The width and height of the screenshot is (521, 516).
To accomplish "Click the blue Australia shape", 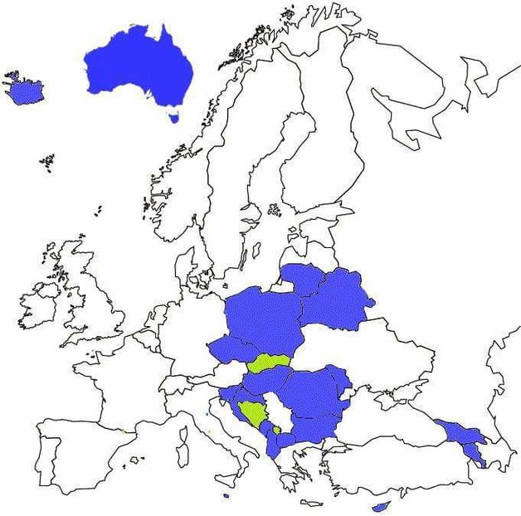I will tap(137, 66).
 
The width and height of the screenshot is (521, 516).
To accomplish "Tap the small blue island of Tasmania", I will tap(173, 117).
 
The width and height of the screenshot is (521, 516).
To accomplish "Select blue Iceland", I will tap(25, 90).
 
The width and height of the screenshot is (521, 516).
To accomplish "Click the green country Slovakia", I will tap(267, 363).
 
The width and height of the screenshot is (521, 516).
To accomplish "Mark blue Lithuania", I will tap(301, 277).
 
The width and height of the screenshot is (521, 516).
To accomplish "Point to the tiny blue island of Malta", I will tap(226, 497).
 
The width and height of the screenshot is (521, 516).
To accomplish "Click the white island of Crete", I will tap(311, 503).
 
